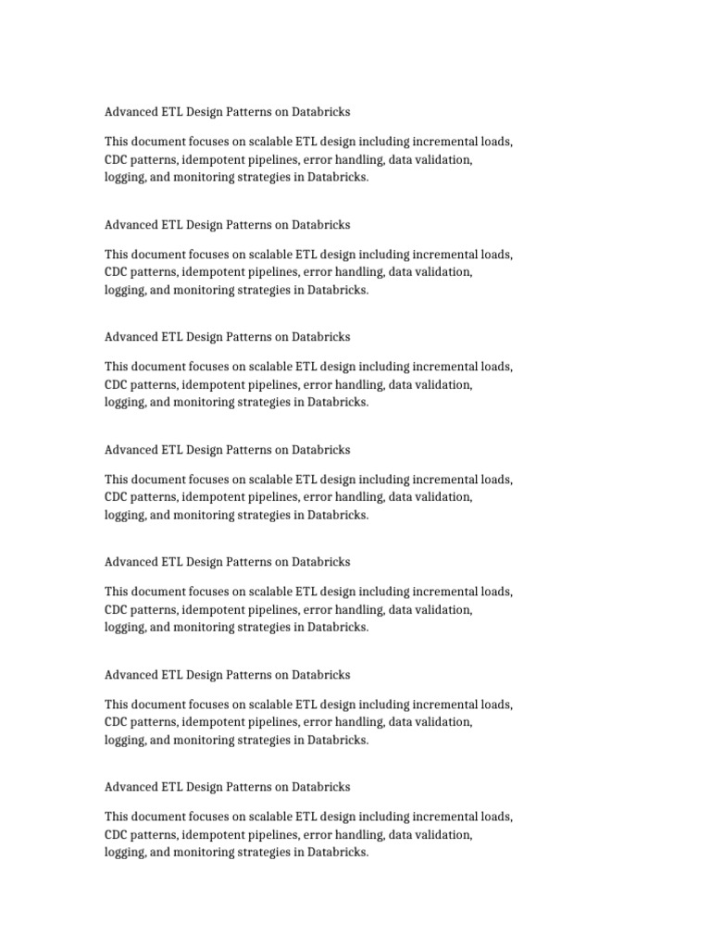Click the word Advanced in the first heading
(x=131, y=112)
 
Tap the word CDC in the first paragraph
(x=118, y=159)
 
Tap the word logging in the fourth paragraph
(x=124, y=515)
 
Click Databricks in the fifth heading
(x=321, y=562)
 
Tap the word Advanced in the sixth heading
(x=131, y=675)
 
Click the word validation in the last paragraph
(x=444, y=834)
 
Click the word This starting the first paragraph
(x=118, y=142)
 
